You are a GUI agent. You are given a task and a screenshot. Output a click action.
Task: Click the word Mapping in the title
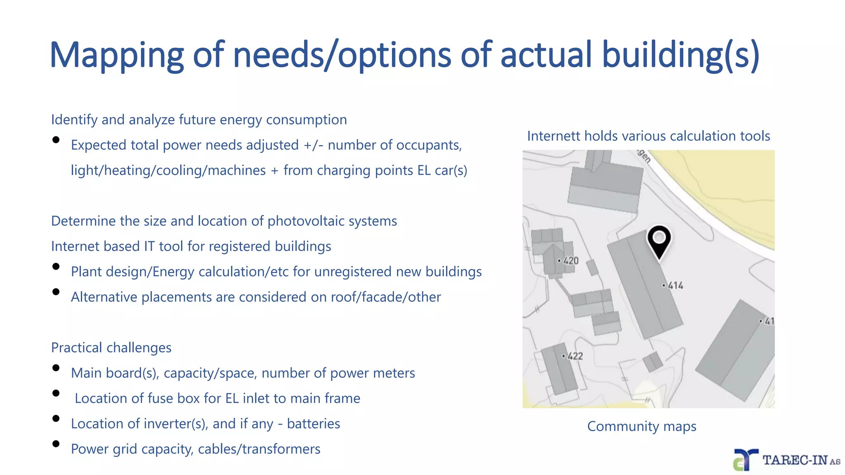point(116,56)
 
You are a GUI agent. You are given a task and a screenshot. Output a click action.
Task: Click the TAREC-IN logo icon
point(745,460)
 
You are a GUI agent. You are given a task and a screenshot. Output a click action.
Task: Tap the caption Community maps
point(642,426)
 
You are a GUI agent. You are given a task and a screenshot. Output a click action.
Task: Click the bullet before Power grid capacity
point(56,444)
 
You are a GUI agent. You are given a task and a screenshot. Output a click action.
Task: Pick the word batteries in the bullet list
point(314,424)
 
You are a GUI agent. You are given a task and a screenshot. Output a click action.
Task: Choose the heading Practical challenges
point(111,348)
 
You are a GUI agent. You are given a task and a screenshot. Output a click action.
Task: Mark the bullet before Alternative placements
point(56,292)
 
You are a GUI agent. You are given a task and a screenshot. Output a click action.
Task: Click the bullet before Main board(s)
point(56,368)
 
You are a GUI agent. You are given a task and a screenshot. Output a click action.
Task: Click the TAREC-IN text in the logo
point(795,460)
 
